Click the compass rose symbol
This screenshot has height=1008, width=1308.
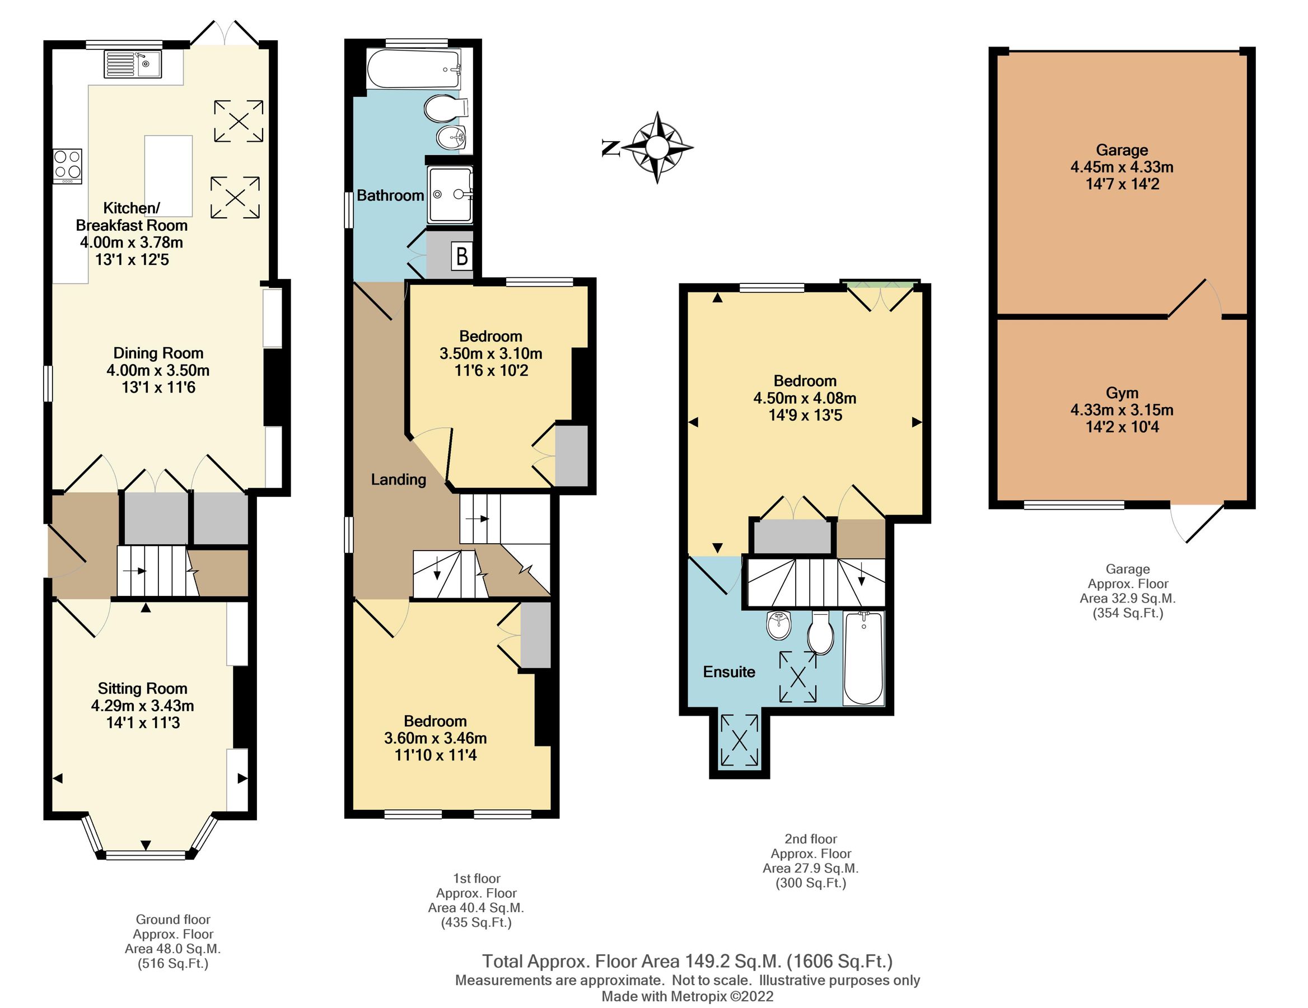click(657, 147)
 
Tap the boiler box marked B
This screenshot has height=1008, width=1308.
click(462, 256)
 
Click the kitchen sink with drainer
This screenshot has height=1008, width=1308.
click(133, 64)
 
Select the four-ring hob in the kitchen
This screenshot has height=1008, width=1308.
click(67, 166)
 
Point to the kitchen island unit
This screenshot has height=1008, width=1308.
click(169, 175)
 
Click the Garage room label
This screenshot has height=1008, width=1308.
click(1122, 150)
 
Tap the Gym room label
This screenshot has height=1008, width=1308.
click(1122, 393)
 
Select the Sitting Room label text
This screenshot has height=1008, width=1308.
click(143, 688)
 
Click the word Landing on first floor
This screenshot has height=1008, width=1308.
click(398, 479)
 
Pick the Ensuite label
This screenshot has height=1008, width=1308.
click(729, 671)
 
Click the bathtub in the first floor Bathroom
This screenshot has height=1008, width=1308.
click(413, 69)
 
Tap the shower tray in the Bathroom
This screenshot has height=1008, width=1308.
click(450, 195)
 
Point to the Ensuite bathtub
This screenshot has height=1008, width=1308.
click(863, 657)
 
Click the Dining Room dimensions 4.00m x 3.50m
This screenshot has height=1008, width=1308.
click(158, 370)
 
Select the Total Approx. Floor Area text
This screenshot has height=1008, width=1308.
click(687, 962)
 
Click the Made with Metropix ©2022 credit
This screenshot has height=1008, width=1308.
click(687, 996)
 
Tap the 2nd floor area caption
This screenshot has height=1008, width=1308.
click(810, 861)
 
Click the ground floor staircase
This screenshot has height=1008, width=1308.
click(157, 571)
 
